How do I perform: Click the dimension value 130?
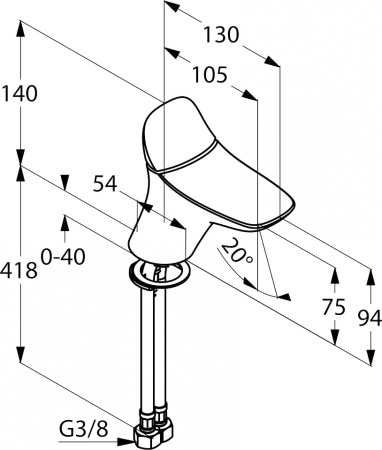[x=221, y=35]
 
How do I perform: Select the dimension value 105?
[x=210, y=75]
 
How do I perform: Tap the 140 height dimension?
[x=20, y=94]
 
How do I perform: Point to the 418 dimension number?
[x=18, y=270]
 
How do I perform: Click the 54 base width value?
[x=105, y=184]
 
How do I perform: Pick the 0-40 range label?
[x=63, y=257]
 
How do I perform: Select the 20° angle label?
[x=237, y=251]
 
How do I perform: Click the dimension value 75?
[x=334, y=307]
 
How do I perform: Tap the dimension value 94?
[x=370, y=318]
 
